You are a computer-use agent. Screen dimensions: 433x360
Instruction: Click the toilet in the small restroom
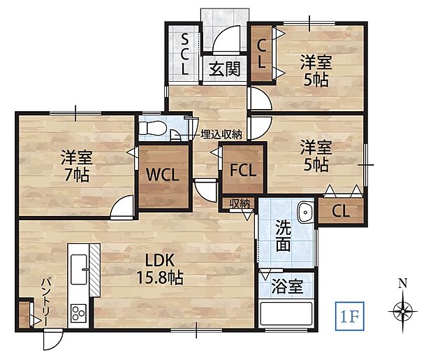pyautogui.click(x=152, y=129)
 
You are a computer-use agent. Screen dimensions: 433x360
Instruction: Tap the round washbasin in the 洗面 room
pyautogui.click(x=305, y=213)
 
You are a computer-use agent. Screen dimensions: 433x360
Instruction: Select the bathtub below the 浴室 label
pyautogui.click(x=286, y=314)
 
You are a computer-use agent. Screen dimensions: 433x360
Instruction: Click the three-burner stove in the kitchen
pyautogui.click(x=78, y=314)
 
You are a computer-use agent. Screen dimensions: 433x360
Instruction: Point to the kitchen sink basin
pyautogui.click(x=79, y=269)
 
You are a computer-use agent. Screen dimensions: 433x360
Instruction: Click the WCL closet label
pyautogui.click(x=162, y=175)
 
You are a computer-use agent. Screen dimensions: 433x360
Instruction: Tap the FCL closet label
pyautogui.click(x=243, y=170)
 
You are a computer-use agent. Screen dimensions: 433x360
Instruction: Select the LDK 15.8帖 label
pyautogui.click(x=160, y=269)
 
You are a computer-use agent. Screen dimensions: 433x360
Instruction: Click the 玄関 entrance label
pyautogui.click(x=224, y=69)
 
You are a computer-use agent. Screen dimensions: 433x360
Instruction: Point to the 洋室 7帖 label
pyautogui.click(x=77, y=166)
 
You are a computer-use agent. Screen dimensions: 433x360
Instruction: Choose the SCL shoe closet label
pyautogui.click(x=185, y=55)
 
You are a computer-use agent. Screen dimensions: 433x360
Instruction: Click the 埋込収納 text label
pyautogui.click(x=221, y=134)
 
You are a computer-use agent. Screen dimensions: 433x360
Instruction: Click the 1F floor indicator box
pyautogui.click(x=350, y=316)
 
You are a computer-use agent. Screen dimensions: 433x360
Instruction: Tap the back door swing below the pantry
pyautogui.click(x=53, y=340)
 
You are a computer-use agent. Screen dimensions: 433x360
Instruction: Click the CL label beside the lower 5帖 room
pyautogui.click(x=341, y=211)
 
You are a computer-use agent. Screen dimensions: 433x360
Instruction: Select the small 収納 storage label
pyautogui.click(x=240, y=203)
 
